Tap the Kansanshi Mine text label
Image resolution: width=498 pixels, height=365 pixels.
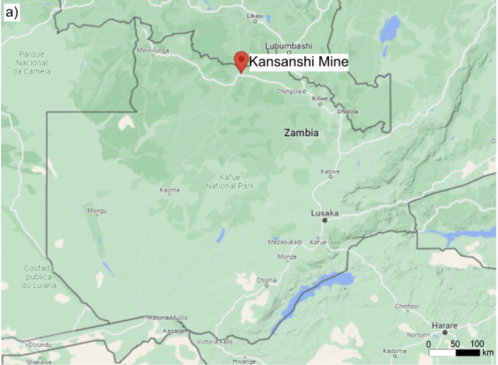(299, 62)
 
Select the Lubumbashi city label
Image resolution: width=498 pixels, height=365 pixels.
(289, 45)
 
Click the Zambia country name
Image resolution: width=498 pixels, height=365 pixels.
(301, 133)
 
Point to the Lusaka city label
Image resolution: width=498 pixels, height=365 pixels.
(324, 214)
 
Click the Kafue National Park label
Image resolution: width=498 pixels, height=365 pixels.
(230, 182)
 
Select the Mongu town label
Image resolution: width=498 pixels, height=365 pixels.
(97, 211)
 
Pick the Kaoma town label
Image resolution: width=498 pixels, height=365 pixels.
(170, 190)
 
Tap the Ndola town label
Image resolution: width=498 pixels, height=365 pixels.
(349, 111)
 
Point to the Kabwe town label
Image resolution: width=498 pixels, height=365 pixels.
(330, 172)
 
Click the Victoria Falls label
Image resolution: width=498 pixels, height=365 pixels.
(215, 342)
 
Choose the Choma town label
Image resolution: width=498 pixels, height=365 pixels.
(266, 280)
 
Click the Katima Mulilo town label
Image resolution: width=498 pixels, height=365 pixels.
(168, 317)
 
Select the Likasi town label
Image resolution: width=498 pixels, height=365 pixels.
(255, 16)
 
